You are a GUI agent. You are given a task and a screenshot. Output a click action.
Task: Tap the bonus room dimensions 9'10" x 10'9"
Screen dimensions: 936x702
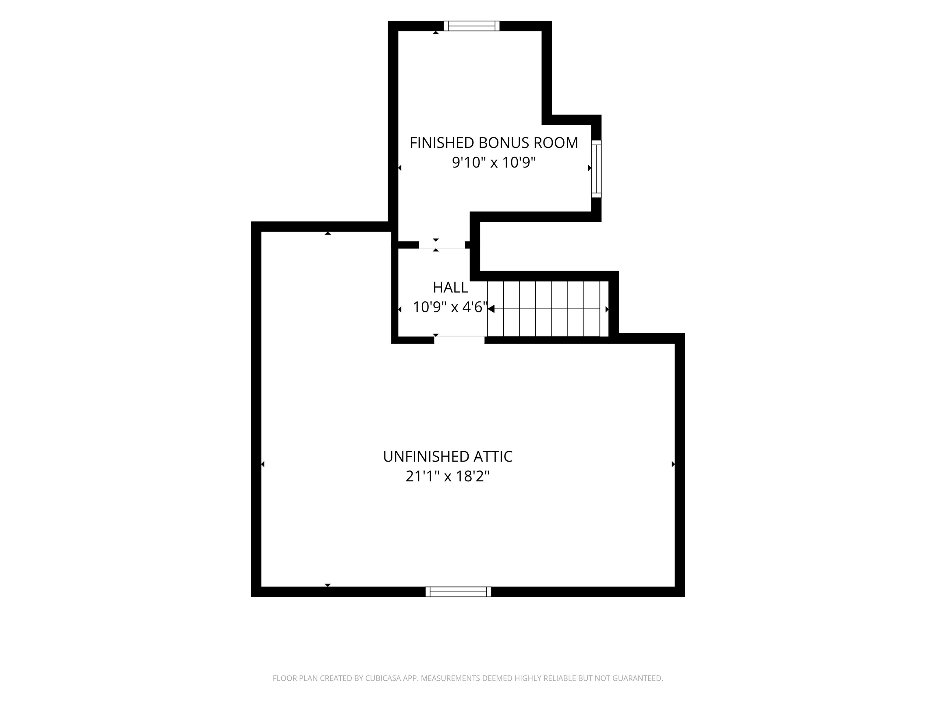coord(494,162)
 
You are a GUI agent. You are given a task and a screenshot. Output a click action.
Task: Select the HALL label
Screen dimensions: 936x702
coord(450,288)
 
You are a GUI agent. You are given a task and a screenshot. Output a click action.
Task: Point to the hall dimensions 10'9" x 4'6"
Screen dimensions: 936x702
coord(450,307)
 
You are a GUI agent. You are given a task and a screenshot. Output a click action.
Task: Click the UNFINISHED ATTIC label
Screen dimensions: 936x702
coord(448,457)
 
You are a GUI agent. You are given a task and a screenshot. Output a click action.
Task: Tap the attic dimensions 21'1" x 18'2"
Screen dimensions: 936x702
coord(448,477)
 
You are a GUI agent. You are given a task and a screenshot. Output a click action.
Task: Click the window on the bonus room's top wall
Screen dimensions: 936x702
coord(471,26)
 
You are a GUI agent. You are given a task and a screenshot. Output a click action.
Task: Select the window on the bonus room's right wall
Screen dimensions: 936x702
coord(596,169)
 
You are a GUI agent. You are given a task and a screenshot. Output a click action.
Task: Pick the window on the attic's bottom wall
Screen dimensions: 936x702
coord(458,592)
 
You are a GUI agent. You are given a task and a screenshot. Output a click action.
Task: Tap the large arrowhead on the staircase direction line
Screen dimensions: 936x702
coord(491,309)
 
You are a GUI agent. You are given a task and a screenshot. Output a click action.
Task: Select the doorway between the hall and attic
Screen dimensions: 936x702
coord(459,339)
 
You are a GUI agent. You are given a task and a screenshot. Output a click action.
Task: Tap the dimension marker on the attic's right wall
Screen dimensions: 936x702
coord(673,464)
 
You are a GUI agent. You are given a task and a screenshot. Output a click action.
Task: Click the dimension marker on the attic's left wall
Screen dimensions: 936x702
coord(263,464)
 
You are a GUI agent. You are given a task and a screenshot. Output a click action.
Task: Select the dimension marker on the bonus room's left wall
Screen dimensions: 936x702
coord(399,168)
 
